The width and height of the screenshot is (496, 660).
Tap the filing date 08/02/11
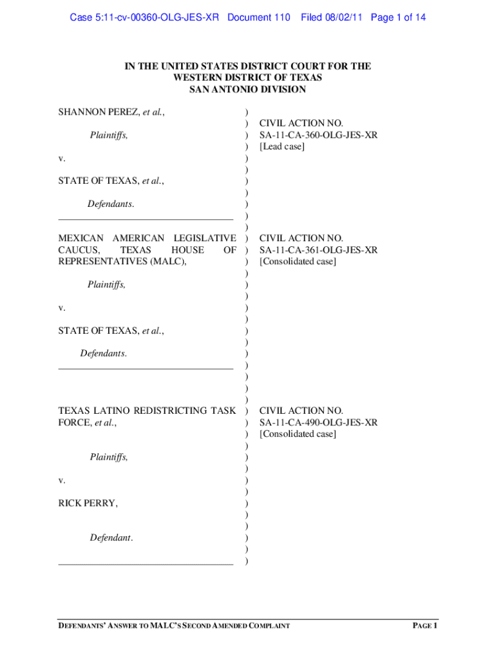tap(345, 17)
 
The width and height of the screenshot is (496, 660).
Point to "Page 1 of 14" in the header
tap(398, 17)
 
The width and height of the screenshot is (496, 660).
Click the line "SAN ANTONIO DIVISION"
tap(247, 90)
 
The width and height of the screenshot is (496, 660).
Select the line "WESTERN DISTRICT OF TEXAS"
tap(247, 78)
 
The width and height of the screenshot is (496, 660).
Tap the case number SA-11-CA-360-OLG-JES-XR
tap(318, 135)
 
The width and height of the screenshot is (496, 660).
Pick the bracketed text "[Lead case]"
tap(281, 146)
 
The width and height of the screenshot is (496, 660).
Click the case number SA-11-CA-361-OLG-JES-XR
tap(318, 250)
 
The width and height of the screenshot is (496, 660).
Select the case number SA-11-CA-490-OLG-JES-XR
tap(318, 423)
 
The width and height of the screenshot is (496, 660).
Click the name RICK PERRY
tap(88, 503)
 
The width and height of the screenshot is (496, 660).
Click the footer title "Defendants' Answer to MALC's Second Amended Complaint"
tap(174, 626)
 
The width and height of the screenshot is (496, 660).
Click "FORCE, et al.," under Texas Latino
tap(88, 423)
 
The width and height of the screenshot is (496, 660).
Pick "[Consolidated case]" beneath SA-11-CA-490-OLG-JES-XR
tap(298, 434)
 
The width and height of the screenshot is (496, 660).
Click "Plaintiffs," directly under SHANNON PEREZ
tap(109, 135)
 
